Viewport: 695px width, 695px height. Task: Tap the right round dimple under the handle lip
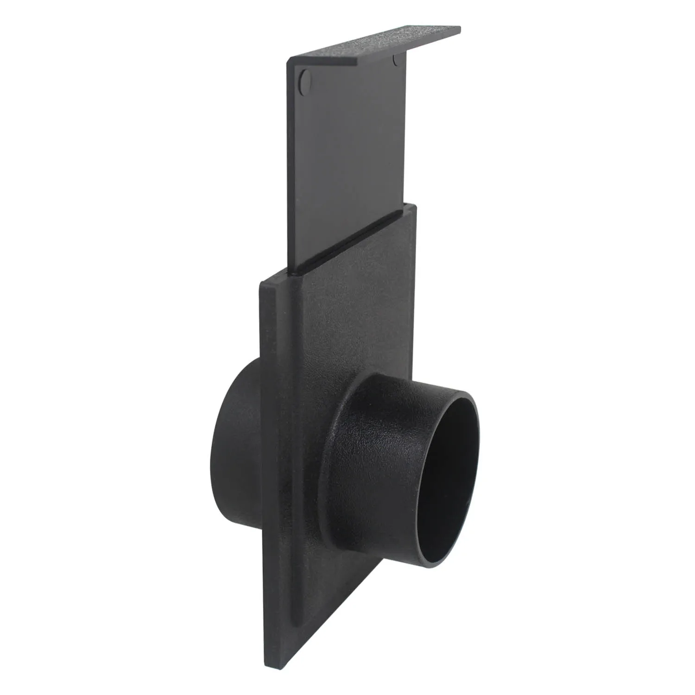click(397, 60)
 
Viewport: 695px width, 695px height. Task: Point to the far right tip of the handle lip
click(460, 29)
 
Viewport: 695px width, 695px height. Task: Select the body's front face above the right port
click(352, 324)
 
